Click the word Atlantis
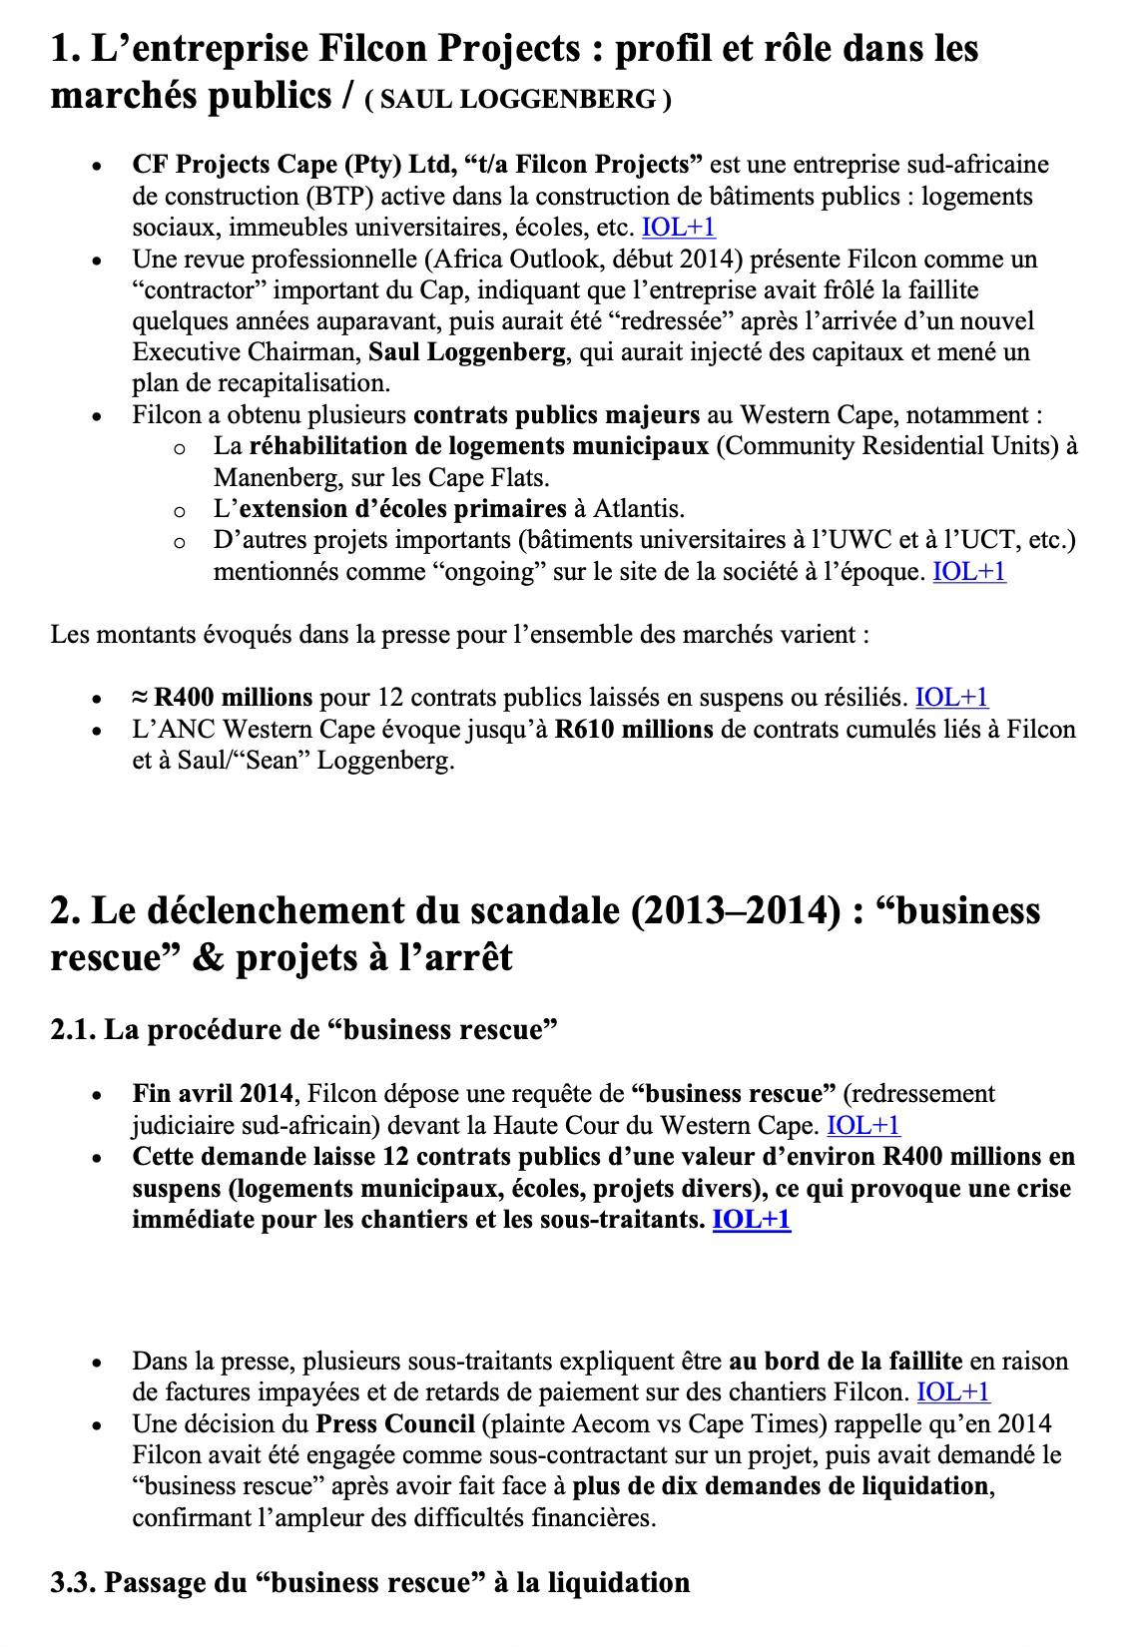coord(638,509)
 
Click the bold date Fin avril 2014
coord(213,1094)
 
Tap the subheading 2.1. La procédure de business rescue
coord(303,1029)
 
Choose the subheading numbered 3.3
coord(370,1583)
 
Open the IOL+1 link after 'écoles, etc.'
coord(678,228)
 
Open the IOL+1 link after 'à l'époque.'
coord(968,572)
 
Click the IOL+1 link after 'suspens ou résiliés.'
coord(951,698)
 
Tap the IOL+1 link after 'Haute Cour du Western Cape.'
coord(863,1126)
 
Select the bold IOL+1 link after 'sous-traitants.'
coord(751,1220)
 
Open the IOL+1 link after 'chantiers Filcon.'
coord(952,1392)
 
